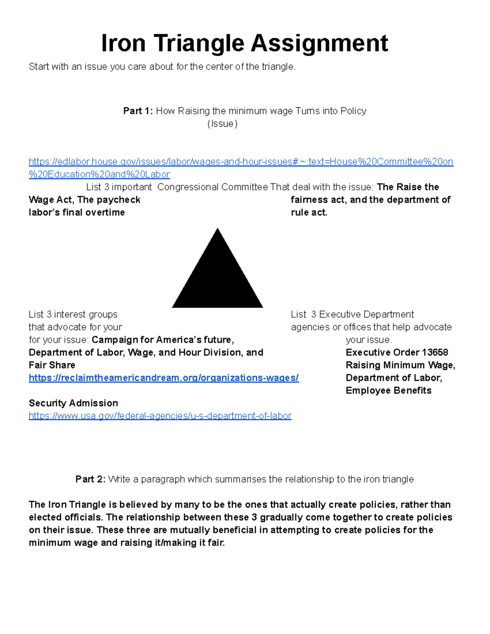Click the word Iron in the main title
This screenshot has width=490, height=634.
123,43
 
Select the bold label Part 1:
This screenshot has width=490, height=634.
138,111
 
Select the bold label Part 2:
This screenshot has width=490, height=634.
90,479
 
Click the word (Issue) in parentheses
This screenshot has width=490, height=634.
222,124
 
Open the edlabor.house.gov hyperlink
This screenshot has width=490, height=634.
241,162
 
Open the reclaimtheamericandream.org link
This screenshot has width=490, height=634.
164,378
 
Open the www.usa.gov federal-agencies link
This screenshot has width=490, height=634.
160,416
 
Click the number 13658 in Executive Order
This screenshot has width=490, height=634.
435,352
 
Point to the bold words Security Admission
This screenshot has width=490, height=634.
73,403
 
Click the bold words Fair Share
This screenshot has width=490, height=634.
52,365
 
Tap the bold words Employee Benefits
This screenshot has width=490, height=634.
388,391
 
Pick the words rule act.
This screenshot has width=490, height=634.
309,213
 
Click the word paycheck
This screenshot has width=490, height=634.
121,200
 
